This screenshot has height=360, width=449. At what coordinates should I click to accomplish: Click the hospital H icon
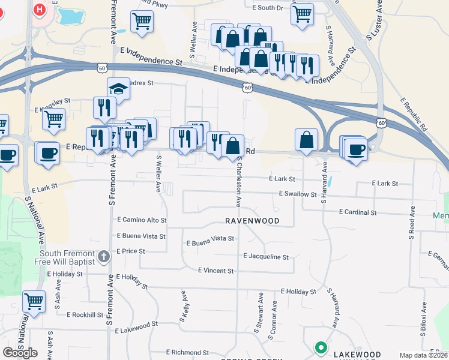(40, 10)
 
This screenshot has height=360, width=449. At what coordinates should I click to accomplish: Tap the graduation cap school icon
(119, 89)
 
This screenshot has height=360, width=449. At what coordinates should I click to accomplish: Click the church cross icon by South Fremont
(103, 257)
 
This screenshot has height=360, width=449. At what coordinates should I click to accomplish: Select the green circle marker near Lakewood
(321, 347)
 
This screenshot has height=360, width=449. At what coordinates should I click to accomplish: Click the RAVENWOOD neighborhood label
(252, 221)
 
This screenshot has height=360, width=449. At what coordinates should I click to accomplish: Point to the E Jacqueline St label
(266, 257)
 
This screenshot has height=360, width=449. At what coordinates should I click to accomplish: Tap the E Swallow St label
(298, 194)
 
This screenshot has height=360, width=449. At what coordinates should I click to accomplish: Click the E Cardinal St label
(358, 212)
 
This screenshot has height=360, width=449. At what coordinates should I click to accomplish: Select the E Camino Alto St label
(142, 220)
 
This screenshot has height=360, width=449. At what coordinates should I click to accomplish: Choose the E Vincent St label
(215, 271)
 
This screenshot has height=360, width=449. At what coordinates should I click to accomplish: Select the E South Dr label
(267, 8)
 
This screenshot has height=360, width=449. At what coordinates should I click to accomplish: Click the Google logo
(20, 353)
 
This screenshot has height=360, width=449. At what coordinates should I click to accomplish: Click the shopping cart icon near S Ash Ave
(34, 301)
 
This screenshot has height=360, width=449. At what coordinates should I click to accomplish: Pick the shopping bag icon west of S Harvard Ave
(306, 140)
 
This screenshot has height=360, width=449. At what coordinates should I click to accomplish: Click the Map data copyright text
(423, 355)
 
